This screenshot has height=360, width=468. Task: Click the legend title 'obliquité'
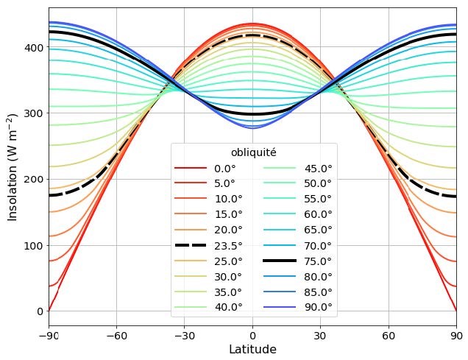pyautogui.click(x=254, y=152)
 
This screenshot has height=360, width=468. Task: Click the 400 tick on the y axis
pyautogui.click(x=32, y=47)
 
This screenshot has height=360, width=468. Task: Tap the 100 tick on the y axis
pyautogui.click(x=32, y=245)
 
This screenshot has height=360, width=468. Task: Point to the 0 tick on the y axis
pyautogui.click(x=39, y=311)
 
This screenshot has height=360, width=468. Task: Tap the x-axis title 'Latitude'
pyautogui.click(x=252, y=350)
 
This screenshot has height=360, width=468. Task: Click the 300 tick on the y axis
pyautogui.click(x=32, y=113)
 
